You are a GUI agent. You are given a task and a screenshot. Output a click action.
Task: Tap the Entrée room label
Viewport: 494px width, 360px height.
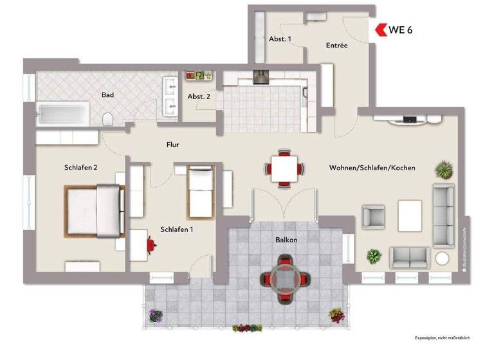[336, 46]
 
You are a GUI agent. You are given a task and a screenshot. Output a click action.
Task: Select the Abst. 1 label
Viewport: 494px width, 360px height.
[280, 39]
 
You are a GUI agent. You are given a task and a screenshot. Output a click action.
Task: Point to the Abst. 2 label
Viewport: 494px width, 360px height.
[199, 96]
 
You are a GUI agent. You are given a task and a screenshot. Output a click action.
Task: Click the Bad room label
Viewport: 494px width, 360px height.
[107, 94]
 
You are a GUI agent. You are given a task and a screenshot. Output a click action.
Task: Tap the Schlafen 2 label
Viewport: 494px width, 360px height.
[80, 167]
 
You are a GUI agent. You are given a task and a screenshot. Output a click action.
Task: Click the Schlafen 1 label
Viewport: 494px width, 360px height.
[177, 229]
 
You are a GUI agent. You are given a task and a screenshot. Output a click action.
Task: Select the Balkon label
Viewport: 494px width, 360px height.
[286, 240]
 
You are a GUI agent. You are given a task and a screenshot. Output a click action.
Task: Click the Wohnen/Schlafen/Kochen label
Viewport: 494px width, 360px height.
[372, 167]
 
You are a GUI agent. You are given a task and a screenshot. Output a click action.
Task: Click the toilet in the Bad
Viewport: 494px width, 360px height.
[108, 119]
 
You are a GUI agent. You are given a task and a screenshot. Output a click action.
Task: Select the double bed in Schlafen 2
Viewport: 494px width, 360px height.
[94, 209]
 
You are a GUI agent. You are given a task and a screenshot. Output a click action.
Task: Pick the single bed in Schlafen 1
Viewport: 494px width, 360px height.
[201, 190]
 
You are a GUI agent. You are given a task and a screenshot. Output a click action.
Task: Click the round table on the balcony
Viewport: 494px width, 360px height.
[284, 278]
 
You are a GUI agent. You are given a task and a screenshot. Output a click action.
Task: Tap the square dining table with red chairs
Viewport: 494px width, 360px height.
[284, 169]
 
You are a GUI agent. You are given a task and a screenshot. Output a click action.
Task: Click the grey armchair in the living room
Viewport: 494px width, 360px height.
[373, 217]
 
